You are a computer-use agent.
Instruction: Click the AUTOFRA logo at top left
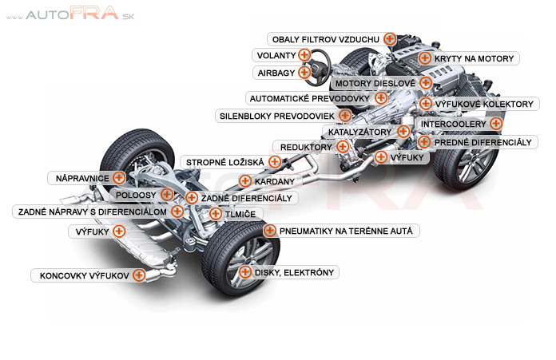pos(71,14)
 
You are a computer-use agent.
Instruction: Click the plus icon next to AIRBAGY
pos(304,73)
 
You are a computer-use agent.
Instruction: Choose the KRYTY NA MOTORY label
pos(477,58)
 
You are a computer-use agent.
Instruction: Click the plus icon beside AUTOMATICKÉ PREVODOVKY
pos(382,98)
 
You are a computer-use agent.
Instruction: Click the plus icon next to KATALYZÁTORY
pos(403,131)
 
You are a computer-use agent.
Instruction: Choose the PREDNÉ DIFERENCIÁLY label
pos(483,142)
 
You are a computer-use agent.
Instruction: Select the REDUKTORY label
pos(306,147)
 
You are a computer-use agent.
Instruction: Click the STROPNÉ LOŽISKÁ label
pos(224,162)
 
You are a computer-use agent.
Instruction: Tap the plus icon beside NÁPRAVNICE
pos(119,177)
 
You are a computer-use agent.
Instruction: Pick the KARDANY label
pos(268,182)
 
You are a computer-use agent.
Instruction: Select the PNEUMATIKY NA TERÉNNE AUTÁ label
pos(346,231)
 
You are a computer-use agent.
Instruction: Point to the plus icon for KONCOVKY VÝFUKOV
pos(139,275)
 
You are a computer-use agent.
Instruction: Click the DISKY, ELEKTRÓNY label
pos(293,272)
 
